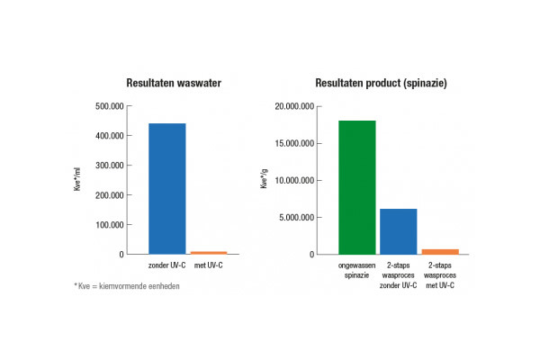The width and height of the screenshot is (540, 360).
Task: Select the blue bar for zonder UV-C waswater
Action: click(166, 189)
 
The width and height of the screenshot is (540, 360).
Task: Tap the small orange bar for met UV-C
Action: click(209, 252)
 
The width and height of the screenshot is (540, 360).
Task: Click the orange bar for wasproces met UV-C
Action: click(440, 251)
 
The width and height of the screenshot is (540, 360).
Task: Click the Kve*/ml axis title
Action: click(79, 180)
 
